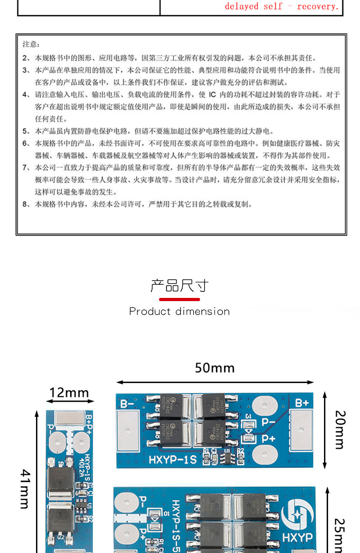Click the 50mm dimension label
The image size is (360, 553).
coord(215,368)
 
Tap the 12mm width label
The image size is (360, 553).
coord(69,393)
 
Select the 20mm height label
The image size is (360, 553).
coord(340,430)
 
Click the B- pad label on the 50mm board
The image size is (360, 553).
coord(127,403)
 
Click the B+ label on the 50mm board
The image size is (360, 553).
coord(302,403)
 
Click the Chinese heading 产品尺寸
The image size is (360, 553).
coord(180,286)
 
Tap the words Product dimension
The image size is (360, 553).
coord(180,312)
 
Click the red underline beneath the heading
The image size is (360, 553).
coord(180,299)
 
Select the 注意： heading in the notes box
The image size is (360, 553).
coord(31,44)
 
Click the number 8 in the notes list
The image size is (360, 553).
coord(25,204)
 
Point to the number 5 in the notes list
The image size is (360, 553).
coord(25,131)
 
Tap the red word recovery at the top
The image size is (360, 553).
coord(318,6)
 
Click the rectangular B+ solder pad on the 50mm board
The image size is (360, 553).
coord(301,429)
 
